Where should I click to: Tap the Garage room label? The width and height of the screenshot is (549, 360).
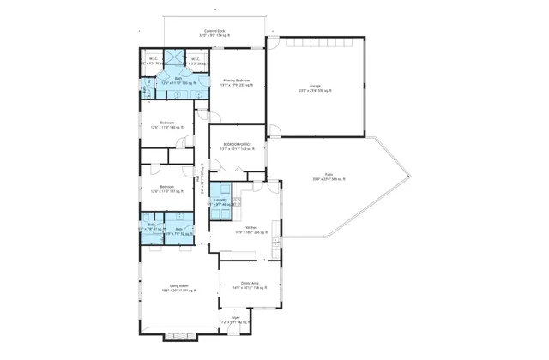coord(315,87)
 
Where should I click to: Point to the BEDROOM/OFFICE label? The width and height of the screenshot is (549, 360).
coord(236,147)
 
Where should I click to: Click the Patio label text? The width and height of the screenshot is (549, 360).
coord(329,177)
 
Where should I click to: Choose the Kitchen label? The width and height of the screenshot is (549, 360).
coord(251,230)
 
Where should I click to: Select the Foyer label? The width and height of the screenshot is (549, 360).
coord(235,320)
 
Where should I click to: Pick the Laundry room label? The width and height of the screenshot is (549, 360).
coord(220,202)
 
